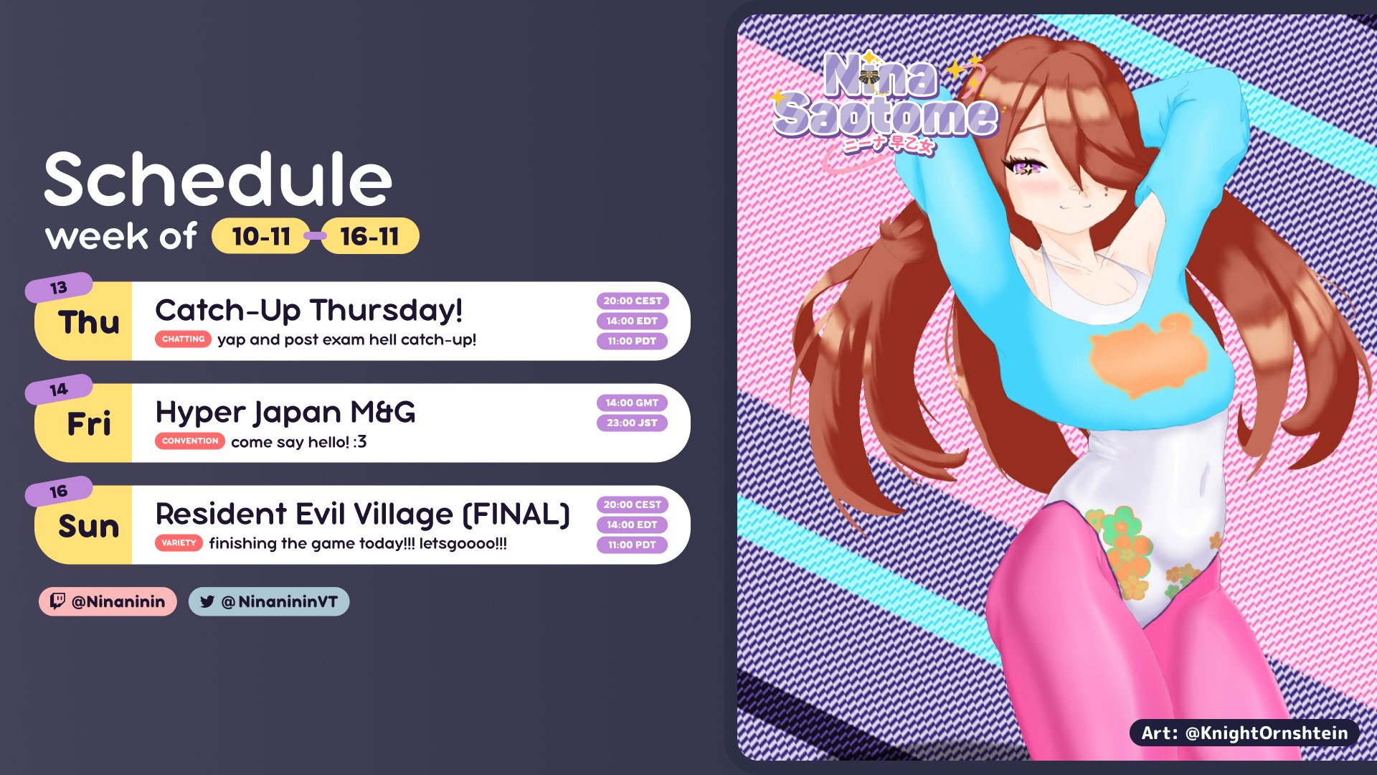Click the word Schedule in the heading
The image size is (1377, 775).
pyautogui.click(x=218, y=179)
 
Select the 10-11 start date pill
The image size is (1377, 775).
pyautogui.click(x=261, y=236)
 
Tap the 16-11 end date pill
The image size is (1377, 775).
pyautogui.click(x=369, y=236)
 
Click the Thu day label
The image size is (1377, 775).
pyautogui.click(x=89, y=322)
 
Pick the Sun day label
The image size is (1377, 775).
pyautogui.click(x=89, y=526)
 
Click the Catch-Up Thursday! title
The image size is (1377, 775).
pyautogui.click(x=309, y=311)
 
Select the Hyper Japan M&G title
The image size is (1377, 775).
pyautogui.click(x=285, y=413)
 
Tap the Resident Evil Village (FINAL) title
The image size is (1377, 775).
pyautogui.click(x=363, y=515)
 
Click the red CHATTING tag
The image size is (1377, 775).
pyautogui.click(x=183, y=339)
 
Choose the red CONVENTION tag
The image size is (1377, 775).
pyautogui.click(x=190, y=441)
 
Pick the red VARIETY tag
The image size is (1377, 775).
pyautogui.click(x=179, y=542)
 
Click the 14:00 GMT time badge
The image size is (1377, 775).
pyautogui.click(x=632, y=403)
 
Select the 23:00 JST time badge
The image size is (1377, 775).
pyautogui.click(x=632, y=423)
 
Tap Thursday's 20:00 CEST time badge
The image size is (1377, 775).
pyautogui.click(x=633, y=301)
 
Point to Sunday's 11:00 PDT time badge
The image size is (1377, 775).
pyautogui.click(x=632, y=545)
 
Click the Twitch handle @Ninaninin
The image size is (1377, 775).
pyautogui.click(x=108, y=601)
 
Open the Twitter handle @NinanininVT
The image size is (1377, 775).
pyautogui.click(x=269, y=601)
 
